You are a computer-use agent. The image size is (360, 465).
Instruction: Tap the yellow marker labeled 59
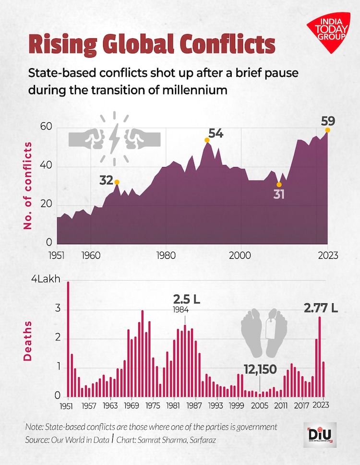[328, 130]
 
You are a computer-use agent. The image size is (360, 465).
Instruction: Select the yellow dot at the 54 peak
[207, 140]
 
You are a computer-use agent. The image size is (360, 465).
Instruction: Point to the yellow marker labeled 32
[117, 182]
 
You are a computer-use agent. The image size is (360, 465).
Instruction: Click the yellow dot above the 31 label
[279, 184]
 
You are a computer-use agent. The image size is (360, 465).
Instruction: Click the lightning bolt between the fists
[115, 138]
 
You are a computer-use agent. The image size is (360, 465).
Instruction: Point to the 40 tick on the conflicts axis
[47, 167]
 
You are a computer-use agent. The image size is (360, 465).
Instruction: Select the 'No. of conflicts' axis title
[27, 185]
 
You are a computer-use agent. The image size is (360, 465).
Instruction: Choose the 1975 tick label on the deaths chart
[153, 406]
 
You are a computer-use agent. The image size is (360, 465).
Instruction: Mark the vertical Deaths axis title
[27, 341]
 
